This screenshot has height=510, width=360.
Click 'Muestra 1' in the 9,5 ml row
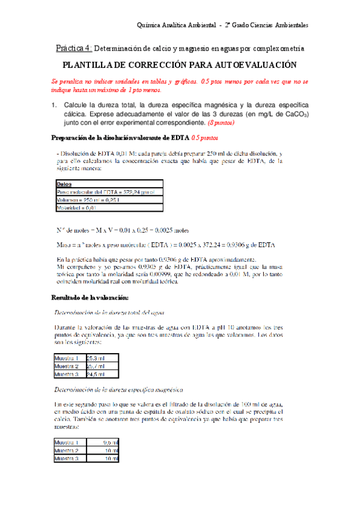click(70, 442)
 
